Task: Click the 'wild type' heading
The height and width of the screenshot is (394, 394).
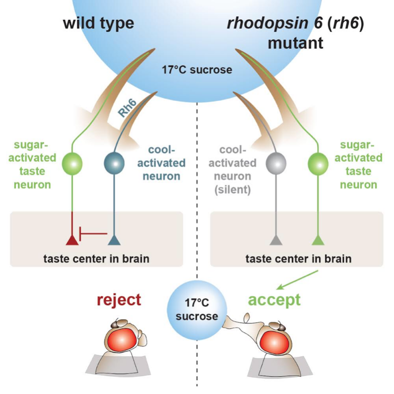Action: coord(98,23)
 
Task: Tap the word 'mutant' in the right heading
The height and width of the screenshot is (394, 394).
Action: coord(296,43)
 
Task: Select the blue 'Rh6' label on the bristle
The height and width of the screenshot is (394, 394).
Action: coord(127,109)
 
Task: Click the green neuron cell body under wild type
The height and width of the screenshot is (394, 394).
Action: coord(72,163)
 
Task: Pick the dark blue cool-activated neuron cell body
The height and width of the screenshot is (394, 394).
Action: coord(114,163)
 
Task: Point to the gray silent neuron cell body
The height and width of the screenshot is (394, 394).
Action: coord(276,163)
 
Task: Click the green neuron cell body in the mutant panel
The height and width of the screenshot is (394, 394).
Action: coord(318,163)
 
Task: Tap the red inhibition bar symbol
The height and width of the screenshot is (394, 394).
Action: coord(93,234)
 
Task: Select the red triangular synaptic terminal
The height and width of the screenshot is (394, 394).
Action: coord(72,240)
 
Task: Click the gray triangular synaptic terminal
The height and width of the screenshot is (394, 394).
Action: coord(276,240)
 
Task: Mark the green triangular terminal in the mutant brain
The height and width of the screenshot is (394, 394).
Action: coord(318,240)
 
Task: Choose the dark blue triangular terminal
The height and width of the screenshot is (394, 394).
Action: coord(114,240)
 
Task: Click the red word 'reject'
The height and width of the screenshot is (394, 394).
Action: coord(119,300)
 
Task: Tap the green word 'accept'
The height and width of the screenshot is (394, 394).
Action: coord(274,300)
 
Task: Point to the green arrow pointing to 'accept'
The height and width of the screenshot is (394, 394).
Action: coord(297,280)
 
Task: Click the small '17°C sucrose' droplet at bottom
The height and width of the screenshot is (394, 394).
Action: coord(197,310)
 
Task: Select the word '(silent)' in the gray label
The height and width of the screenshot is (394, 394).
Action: coord(232,190)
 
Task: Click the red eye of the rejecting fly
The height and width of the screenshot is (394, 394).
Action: coord(122,340)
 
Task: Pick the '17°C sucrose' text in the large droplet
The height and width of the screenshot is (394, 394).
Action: coord(197,70)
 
